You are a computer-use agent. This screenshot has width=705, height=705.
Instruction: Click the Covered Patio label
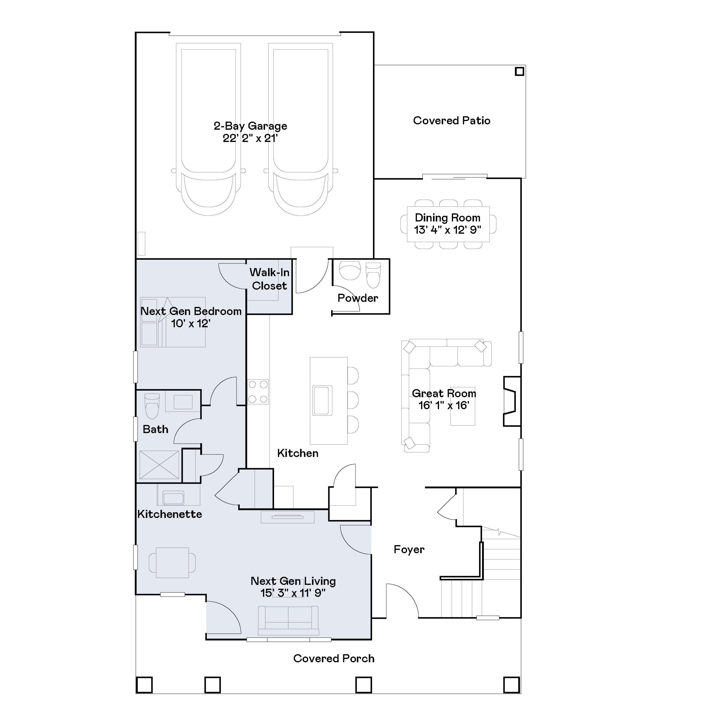pos(451,121)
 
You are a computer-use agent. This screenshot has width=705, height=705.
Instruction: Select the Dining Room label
pos(447,218)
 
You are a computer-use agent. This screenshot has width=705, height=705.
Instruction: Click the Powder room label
pos(358,298)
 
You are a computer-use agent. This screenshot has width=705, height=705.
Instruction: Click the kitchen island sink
pos(322,400)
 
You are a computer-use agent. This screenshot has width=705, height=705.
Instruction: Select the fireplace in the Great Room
pos(511,401)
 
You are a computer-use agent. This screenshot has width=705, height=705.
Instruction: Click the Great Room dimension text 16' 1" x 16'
pos(444,405)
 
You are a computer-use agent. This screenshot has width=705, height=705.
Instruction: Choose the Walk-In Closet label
pos(269,279)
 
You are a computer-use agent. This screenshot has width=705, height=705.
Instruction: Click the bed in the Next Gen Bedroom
pos(173,322)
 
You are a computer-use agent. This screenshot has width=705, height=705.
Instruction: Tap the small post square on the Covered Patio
pos(519,71)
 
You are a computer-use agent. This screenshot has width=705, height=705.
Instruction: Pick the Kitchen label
pos(298,453)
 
